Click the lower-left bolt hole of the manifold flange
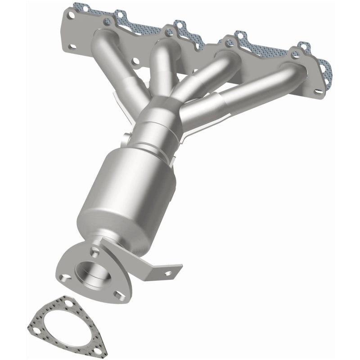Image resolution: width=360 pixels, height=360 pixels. pos(72,45)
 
